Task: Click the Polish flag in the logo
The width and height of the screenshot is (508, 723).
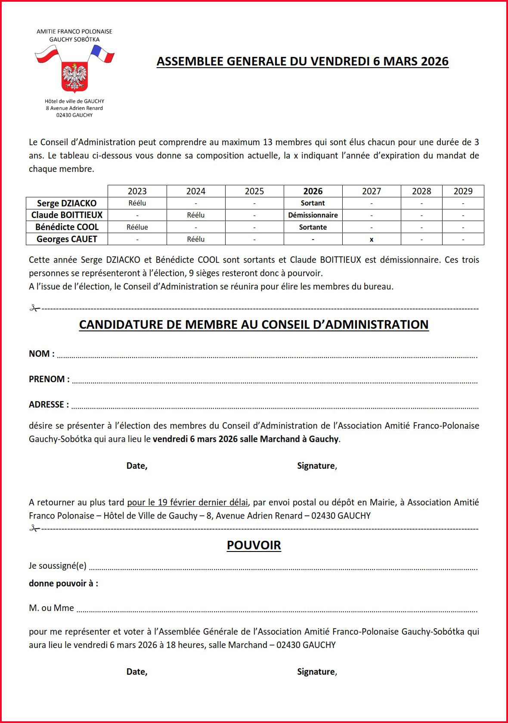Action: point(47,55)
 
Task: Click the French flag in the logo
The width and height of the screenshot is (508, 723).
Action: point(102,54)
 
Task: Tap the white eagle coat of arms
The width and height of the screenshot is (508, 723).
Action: point(74,76)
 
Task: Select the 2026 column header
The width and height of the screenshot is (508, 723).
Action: point(313,191)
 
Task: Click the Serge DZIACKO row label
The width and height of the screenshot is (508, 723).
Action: point(67,203)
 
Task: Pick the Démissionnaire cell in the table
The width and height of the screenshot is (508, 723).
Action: point(313,215)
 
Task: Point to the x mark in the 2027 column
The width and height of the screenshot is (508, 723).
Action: point(372,240)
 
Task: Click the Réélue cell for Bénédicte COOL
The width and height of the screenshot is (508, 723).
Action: point(137,227)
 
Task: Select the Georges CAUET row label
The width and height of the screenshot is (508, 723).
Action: point(67,239)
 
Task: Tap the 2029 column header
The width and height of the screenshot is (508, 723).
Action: point(463,191)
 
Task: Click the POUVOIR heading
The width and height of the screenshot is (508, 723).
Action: point(254,545)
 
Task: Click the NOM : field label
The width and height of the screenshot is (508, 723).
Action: point(42,354)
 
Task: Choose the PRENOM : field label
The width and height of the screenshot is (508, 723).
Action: point(49,379)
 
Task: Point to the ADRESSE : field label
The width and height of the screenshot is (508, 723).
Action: point(49,405)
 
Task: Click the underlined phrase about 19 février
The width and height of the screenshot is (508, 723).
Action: point(187,502)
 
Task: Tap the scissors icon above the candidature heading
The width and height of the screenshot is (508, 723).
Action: point(34,309)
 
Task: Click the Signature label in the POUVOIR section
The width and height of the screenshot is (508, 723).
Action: point(317,672)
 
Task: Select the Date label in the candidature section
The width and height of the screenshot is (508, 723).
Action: point(137,466)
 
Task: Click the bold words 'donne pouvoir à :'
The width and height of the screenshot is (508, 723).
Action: point(63,583)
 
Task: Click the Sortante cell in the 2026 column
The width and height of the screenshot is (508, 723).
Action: point(313,227)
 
